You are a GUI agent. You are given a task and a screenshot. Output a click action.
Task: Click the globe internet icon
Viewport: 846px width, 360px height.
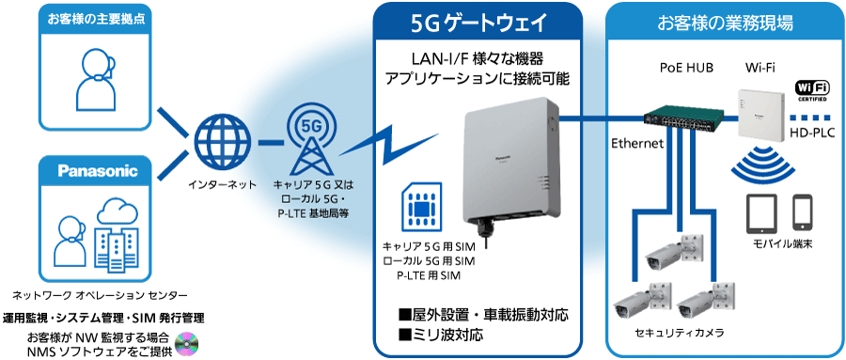[x=223, y=142]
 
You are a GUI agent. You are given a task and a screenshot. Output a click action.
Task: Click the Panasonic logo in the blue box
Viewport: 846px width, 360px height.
[x=97, y=171]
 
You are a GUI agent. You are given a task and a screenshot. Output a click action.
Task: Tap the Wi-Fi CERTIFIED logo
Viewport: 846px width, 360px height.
[x=811, y=92]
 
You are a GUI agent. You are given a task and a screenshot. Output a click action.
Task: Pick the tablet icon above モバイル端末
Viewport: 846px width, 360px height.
[x=761, y=213]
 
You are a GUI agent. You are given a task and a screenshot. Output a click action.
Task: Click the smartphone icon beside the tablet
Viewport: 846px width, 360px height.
[x=802, y=212]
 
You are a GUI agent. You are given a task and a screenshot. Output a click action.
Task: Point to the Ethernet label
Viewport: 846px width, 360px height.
[x=638, y=144]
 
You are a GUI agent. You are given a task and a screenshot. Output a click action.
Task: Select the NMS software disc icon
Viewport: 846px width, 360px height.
[x=188, y=343]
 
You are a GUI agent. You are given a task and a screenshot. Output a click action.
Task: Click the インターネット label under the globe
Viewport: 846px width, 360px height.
[x=223, y=184]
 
